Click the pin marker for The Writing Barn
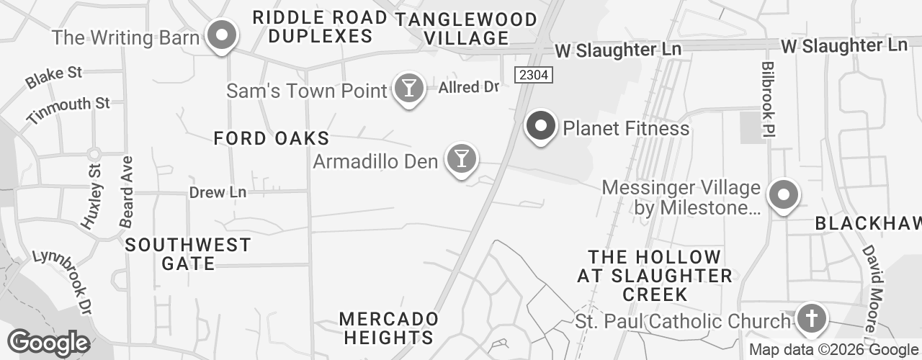(x=223, y=35)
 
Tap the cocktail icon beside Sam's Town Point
(x=409, y=89)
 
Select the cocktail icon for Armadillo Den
(x=461, y=158)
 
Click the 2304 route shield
(x=533, y=74)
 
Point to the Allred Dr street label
(x=469, y=88)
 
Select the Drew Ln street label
(x=218, y=192)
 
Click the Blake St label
(x=54, y=77)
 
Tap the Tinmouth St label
(x=69, y=109)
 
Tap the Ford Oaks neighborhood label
(x=272, y=138)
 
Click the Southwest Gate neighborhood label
(x=188, y=254)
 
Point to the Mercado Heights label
(x=389, y=328)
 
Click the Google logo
(x=49, y=343)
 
